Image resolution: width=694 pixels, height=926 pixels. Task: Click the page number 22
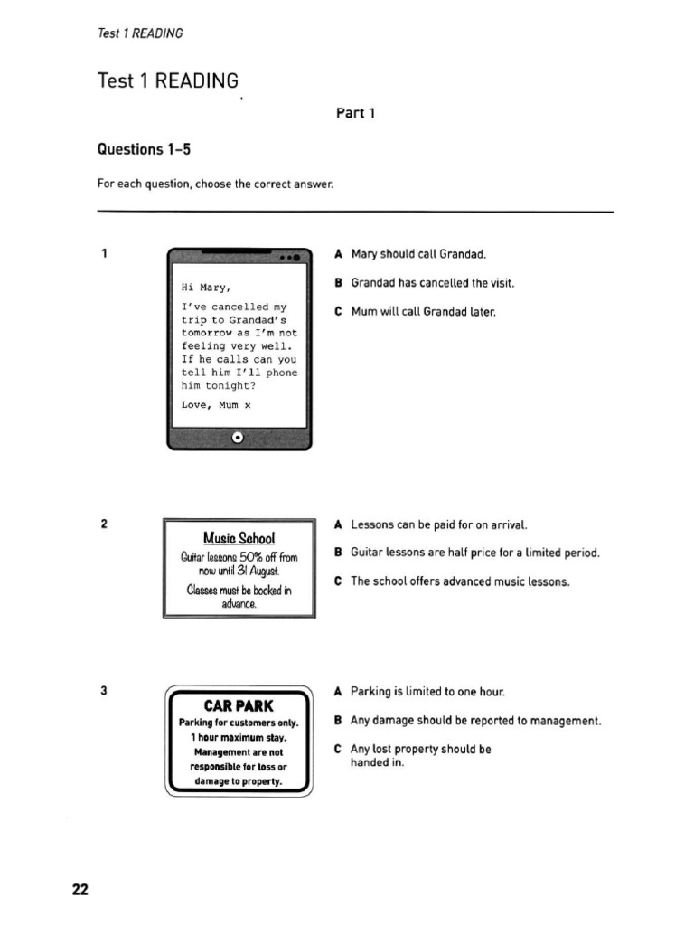point(80,890)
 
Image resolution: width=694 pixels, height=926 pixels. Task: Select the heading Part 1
point(354,113)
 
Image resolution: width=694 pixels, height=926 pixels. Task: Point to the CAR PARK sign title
point(238,705)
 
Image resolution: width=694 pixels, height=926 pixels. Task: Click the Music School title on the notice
point(239,539)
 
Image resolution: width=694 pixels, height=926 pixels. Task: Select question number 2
point(105,524)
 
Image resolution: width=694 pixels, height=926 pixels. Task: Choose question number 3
point(105,691)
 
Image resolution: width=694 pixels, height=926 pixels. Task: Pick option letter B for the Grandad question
point(338,283)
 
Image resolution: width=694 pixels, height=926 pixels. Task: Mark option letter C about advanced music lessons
point(338,581)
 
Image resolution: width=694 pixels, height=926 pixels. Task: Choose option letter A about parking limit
point(338,692)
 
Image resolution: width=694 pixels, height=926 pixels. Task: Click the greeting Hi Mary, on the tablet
point(206,288)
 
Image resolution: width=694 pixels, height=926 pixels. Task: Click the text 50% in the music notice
point(249,557)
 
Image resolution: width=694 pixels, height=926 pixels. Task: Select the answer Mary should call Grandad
point(418,254)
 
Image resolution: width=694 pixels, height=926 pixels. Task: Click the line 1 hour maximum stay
point(239,738)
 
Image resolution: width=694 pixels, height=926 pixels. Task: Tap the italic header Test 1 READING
point(140,33)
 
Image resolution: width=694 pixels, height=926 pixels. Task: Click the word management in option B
point(562,721)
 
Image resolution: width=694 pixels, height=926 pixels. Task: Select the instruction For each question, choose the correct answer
point(216,184)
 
